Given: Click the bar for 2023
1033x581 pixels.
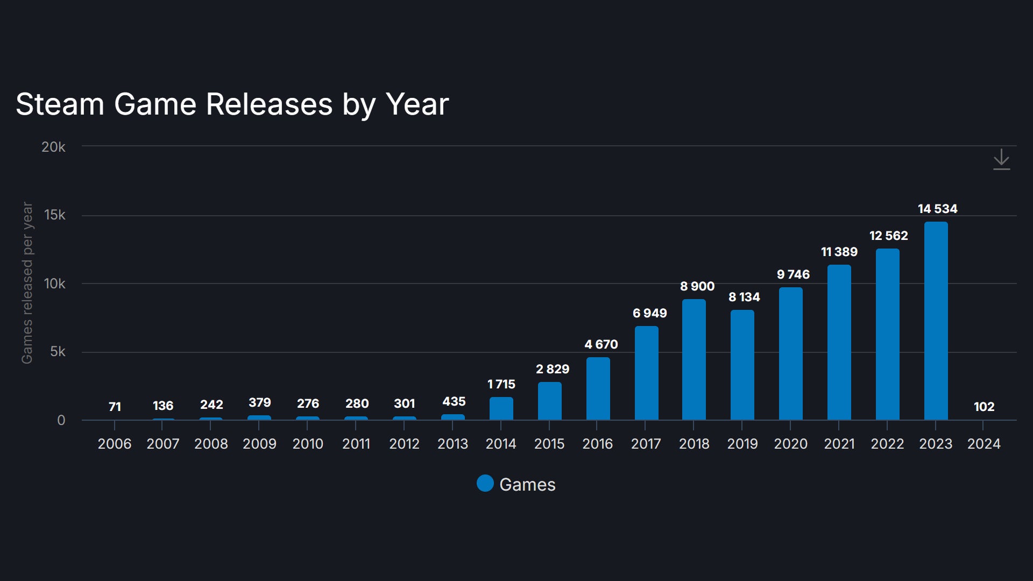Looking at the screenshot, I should (936, 321).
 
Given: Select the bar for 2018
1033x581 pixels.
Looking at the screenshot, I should (694, 359).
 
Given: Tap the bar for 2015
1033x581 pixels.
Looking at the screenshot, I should (549, 401).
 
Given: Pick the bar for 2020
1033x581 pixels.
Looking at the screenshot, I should (790, 353).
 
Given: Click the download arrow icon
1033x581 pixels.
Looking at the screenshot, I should (1001, 160).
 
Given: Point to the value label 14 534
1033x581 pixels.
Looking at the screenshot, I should (937, 209).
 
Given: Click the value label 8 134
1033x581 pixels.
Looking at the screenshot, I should (744, 297).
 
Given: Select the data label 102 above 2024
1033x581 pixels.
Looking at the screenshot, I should (984, 407).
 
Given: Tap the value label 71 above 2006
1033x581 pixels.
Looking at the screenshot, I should (115, 407).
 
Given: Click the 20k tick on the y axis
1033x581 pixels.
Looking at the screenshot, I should (53, 147).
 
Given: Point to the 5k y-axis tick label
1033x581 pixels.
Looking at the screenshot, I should (58, 352).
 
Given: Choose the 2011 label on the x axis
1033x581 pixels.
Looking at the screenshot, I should (356, 444).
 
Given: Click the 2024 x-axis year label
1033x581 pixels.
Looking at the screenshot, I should (984, 444).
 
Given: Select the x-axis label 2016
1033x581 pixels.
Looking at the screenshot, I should (597, 444).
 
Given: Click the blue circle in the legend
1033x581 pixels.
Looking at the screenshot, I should (485, 484).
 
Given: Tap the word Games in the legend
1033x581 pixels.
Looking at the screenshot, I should (527, 485).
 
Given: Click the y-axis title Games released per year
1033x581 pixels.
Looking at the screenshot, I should (27, 283).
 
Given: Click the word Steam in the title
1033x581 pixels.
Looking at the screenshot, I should (60, 104).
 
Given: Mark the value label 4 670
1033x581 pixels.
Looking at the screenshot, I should (601, 344).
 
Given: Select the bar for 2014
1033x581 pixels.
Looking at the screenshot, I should (501, 408).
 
